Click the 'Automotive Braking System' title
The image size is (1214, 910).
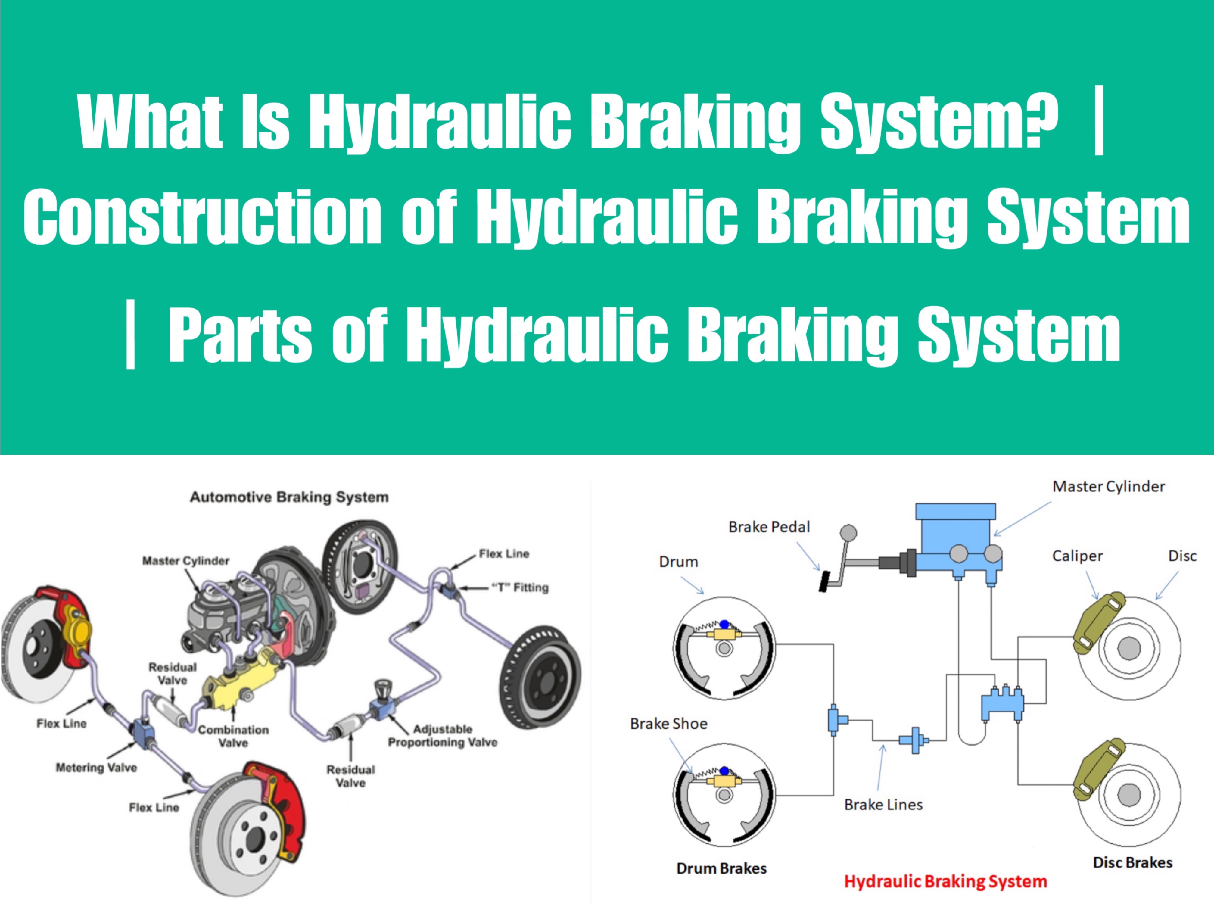(x=289, y=497)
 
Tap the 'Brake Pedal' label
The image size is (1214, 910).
(x=769, y=527)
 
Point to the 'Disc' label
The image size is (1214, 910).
(x=1182, y=556)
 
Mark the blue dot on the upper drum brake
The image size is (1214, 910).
(x=724, y=624)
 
